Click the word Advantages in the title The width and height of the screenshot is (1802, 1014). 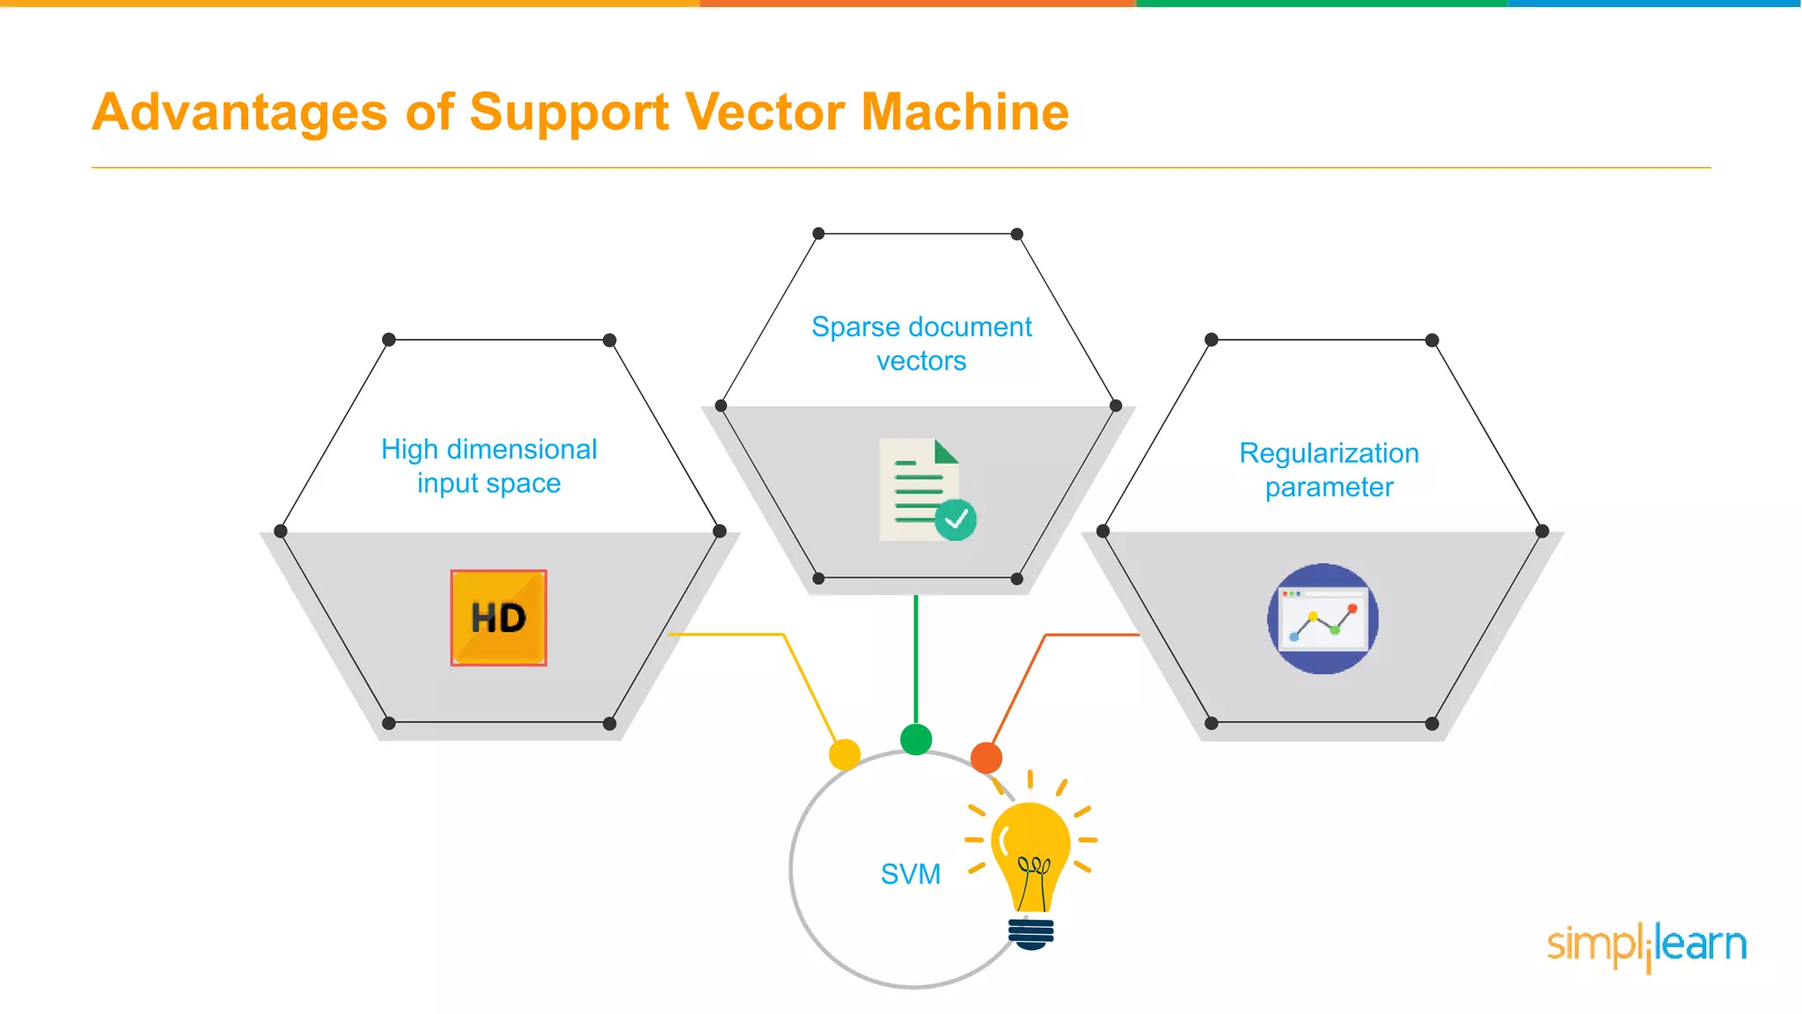click(x=239, y=113)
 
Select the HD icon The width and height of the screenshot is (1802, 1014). click(x=498, y=618)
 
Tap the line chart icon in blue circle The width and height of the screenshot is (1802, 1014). click(x=1322, y=619)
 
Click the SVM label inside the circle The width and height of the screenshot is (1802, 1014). click(x=911, y=874)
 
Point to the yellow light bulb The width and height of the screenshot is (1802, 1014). click(x=1030, y=854)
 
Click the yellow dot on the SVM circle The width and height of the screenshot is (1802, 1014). click(x=845, y=754)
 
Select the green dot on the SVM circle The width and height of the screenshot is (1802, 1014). click(x=916, y=739)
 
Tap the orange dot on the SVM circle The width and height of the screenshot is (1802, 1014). click(x=986, y=757)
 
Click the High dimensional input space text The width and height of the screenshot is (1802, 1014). click(x=489, y=467)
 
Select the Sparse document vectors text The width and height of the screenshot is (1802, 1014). click(x=921, y=343)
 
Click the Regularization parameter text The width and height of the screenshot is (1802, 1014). click(x=1329, y=470)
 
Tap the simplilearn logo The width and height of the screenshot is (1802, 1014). click(x=1646, y=946)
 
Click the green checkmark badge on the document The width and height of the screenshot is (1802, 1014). click(x=956, y=520)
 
